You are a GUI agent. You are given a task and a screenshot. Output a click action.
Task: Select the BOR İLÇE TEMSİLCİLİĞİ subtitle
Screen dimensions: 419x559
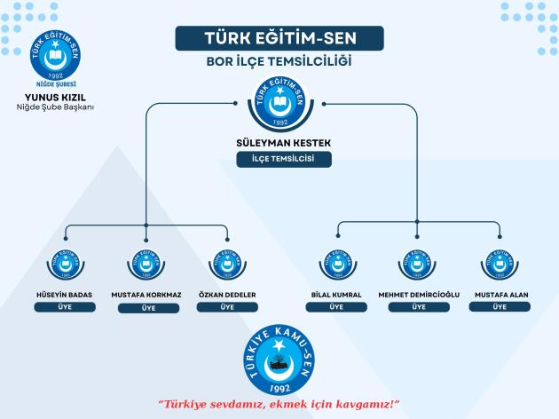[x=279, y=64]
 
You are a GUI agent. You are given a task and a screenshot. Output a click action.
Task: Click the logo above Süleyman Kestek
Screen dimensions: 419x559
[x=279, y=104]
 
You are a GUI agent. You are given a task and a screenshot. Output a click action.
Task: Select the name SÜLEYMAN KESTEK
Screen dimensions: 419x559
[x=279, y=142]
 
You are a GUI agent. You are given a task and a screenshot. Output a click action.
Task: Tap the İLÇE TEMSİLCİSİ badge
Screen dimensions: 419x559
[x=279, y=160]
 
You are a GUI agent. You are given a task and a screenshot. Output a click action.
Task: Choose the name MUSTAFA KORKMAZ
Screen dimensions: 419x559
[x=147, y=294]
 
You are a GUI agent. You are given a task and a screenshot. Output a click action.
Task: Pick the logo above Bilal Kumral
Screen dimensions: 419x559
[x=336, y=264]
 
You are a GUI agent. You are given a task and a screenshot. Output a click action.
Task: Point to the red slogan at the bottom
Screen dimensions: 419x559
[x=279, y=404]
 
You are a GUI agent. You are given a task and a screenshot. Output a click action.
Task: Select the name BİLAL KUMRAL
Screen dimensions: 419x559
[x=336, y=294]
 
